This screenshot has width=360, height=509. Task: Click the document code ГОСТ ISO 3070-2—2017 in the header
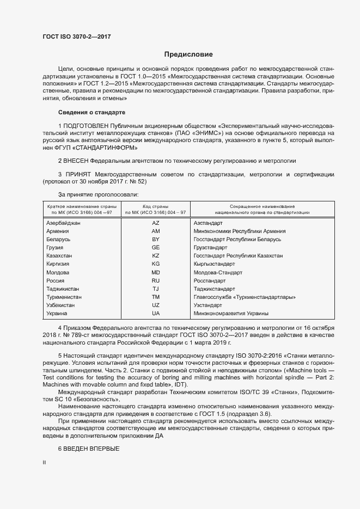click(76, 36)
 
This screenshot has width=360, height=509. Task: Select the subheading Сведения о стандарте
click(91, 113)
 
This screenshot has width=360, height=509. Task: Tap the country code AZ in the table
click(156, 223)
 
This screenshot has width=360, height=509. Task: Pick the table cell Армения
click(58, 231)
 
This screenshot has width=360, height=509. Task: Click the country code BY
click(156, 240)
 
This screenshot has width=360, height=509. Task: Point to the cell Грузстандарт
click(210, 248)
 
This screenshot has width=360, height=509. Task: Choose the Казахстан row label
click(60, 256)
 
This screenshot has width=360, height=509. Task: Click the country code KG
click(156, 264)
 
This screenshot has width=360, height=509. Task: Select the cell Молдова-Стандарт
click(218, 272)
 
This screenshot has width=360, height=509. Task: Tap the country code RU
click(156, 280)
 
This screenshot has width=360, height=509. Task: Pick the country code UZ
click(156, 305)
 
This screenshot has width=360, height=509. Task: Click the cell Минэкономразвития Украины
click(231, 314)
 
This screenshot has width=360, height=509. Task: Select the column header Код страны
click(156, 206)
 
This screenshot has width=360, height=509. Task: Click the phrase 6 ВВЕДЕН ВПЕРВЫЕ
click(88, 447)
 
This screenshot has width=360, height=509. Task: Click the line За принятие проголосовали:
click(99, 194)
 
